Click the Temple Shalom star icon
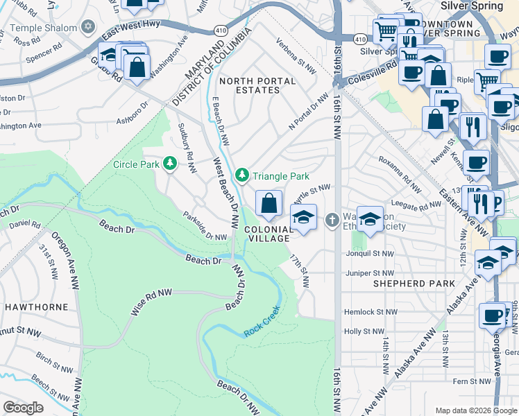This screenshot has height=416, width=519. pos(87,27)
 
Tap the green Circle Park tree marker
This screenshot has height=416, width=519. pos(169,164)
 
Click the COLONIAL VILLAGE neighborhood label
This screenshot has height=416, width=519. pos(266,234)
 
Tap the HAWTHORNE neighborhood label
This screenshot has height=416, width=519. pos(36,306)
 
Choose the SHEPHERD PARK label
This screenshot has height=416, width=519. pos(414,283)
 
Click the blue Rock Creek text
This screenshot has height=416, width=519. pos(262,322)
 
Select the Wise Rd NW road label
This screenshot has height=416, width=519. pos(151,303)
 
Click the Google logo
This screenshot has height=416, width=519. pos(23,407)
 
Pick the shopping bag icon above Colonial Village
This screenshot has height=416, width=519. pos(269,204)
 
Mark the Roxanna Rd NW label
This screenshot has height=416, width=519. pos(400,173)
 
